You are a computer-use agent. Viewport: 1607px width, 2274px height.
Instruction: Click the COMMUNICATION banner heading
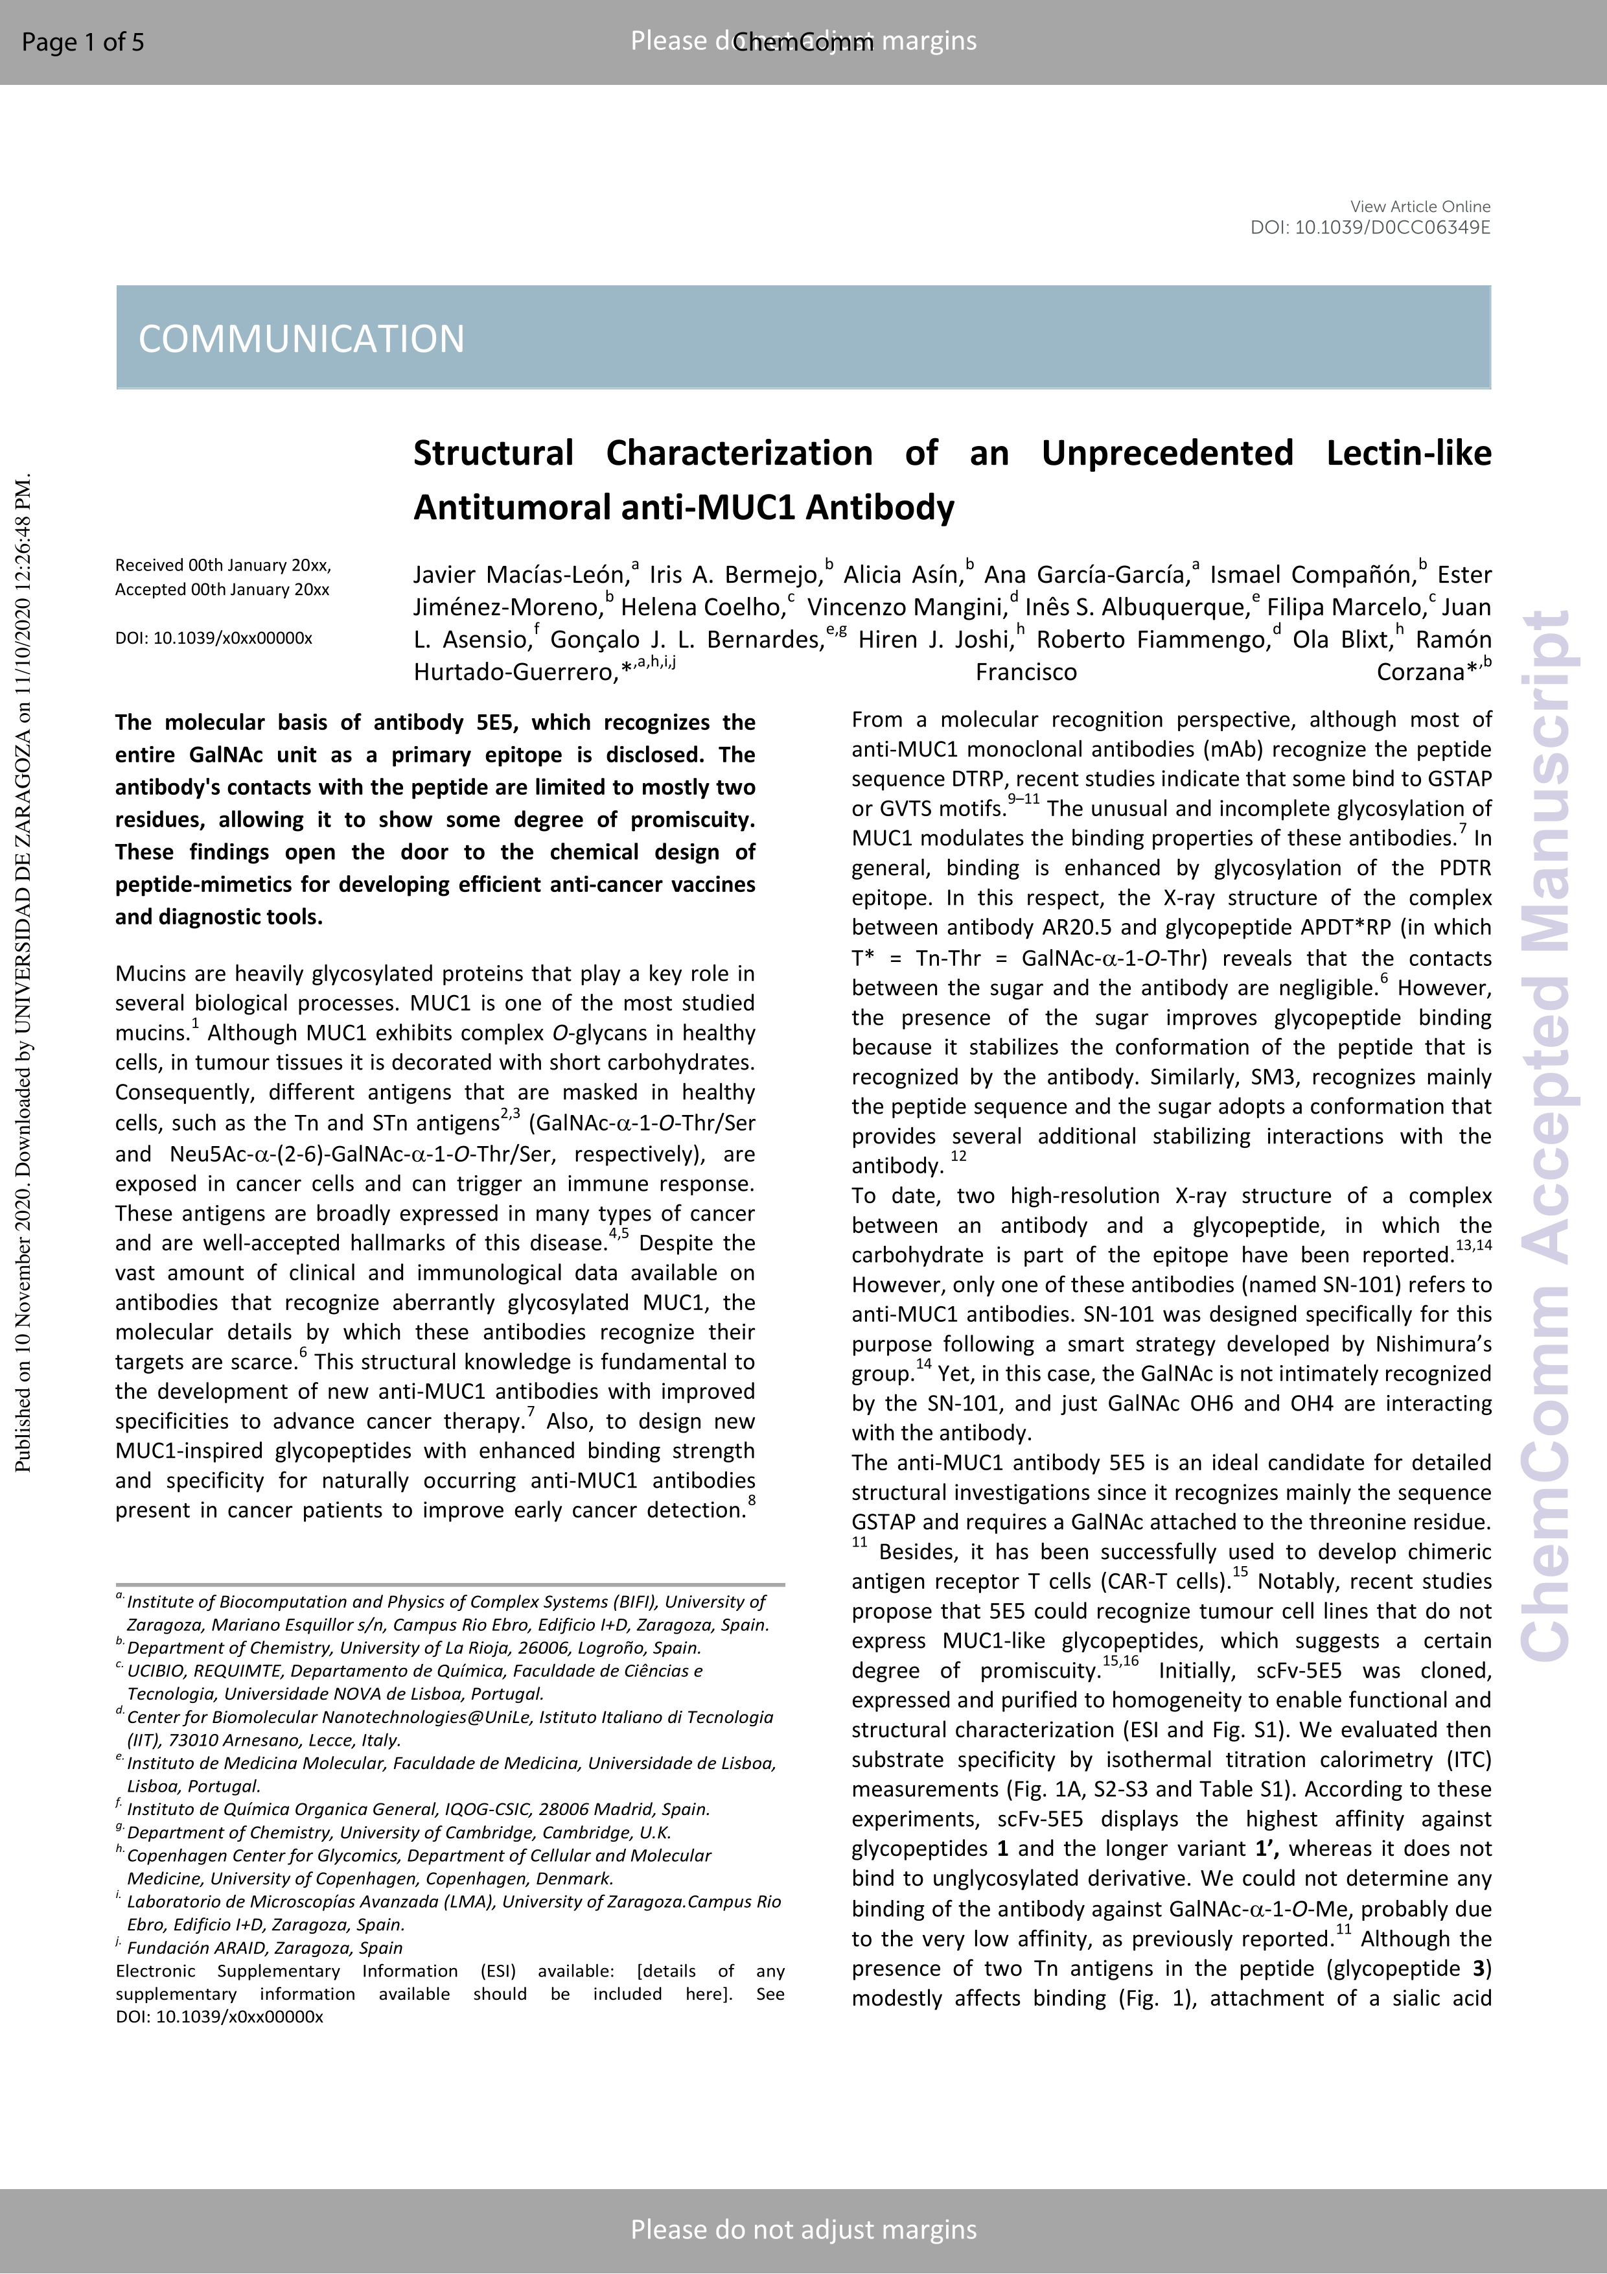(301, 339)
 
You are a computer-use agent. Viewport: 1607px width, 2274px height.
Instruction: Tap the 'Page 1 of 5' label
(82, 41)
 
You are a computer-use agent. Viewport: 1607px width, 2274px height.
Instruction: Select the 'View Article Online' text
(1419, 206)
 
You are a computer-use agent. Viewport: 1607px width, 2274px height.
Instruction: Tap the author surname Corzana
(1420, 672)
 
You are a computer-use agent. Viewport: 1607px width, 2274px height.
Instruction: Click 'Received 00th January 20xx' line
(223, 565)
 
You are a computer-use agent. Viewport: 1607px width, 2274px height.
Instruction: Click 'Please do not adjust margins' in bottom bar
(803, 2229)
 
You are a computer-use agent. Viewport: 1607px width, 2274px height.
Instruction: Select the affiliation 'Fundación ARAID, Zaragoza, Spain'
(264, 1947)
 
